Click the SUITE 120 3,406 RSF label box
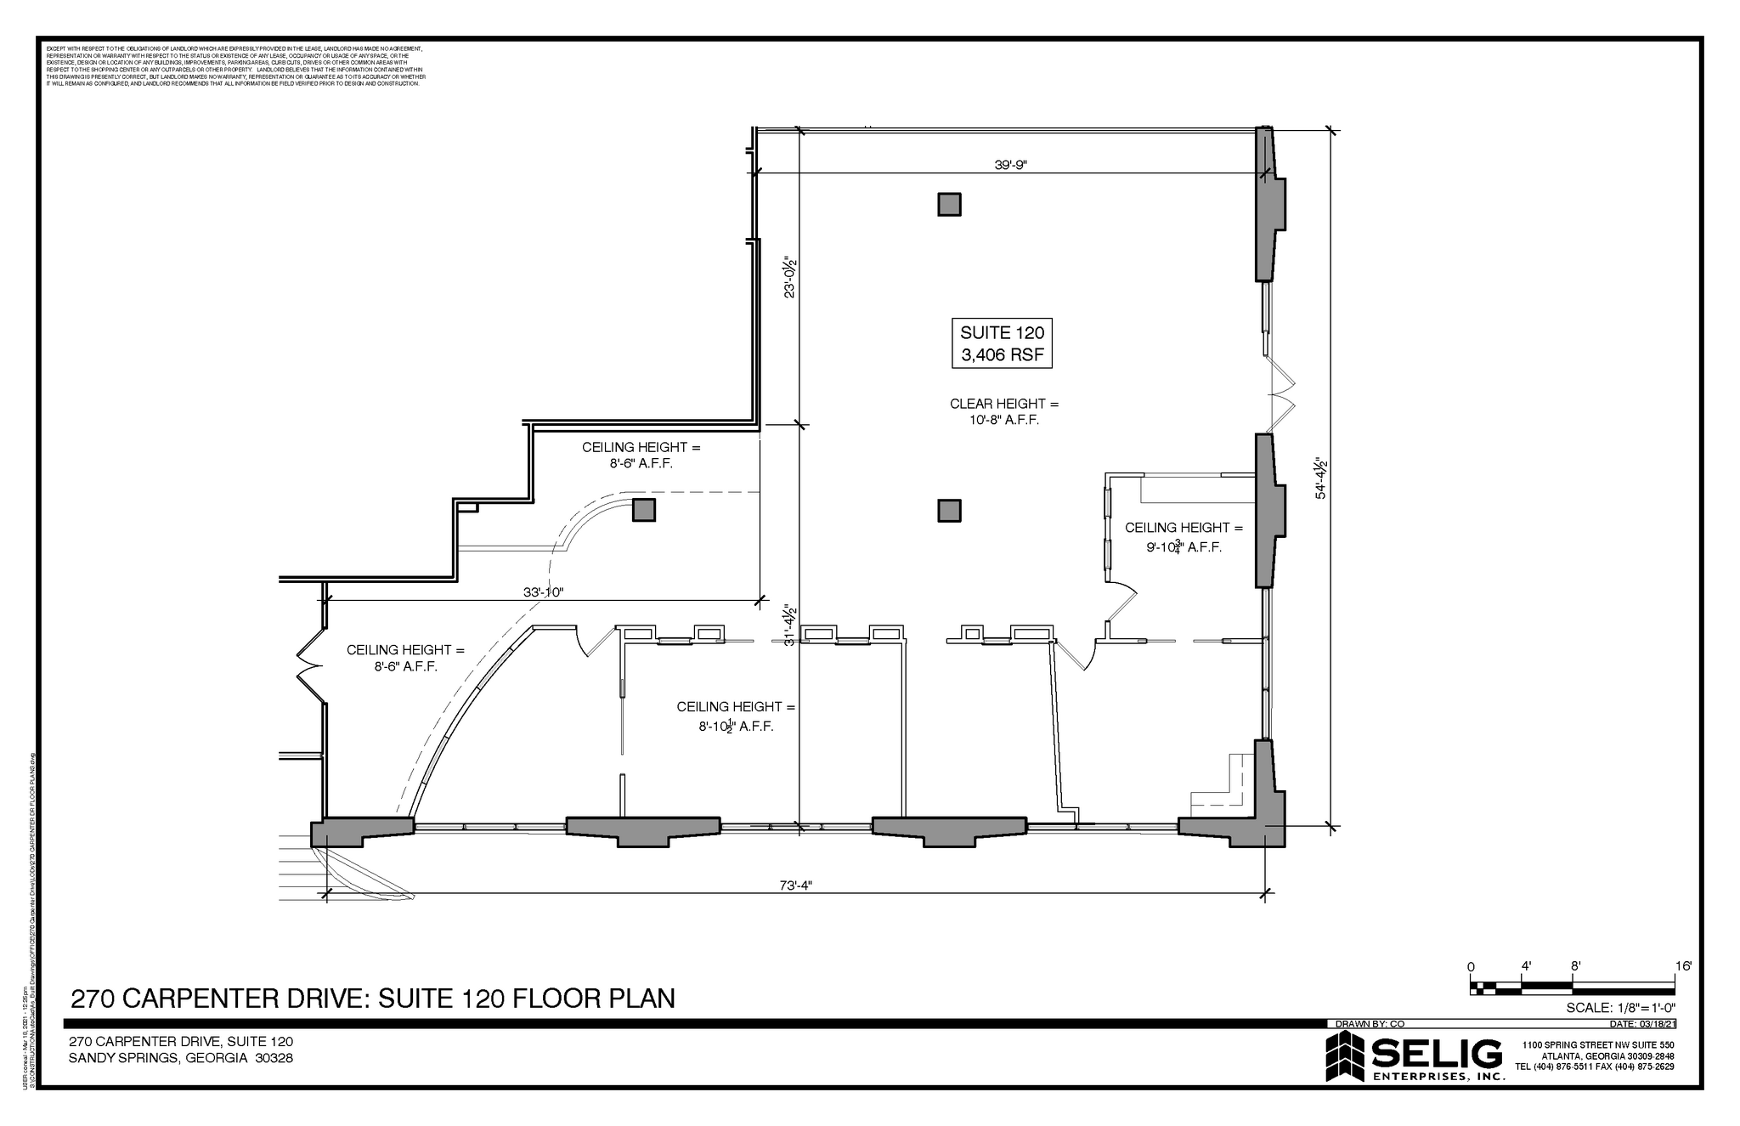point(1002,342)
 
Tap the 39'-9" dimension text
point(1011,165)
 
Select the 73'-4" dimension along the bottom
point(796,885)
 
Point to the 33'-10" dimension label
point(543,592)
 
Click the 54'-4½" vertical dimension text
point(1321,479)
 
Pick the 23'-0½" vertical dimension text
point(790,277)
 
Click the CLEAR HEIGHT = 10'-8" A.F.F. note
point(1004,411)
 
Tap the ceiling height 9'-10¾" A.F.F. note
point(1184,537)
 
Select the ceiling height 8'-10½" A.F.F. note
point(736,716)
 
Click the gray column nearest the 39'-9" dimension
point(949,205)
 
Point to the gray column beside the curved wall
point(643,510)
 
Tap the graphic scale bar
point(1572,987)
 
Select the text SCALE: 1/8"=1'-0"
point(1620,1008)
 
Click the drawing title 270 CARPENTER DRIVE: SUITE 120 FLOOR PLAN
point(373,998)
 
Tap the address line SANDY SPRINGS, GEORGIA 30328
point(181,1058)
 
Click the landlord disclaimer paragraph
point(235,65)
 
